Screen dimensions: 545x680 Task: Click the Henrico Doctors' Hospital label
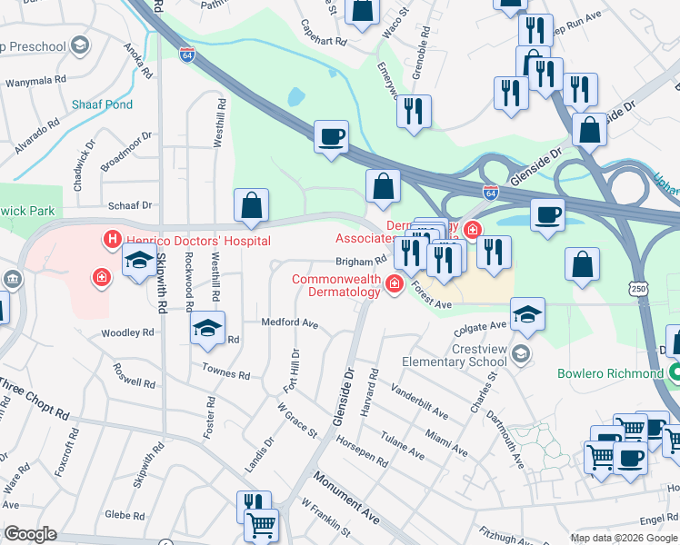(x=197, y=241)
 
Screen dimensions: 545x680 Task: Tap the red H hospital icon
(x=112, y=241)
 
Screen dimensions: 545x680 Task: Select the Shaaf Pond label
(x=103, y=105)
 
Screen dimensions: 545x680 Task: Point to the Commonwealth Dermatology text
(x=336, y=285)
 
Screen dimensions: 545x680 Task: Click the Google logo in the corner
(x=30, y=534)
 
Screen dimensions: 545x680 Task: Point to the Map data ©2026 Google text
(x=623, y=538)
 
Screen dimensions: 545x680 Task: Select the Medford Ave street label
(x=289, y=322)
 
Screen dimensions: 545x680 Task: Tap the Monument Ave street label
(x=345, y=494)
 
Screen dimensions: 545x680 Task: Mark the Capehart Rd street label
(x=324, y=42)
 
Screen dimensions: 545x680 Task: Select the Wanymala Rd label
(x=37, y=82)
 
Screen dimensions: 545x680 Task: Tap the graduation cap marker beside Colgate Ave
(x=527, y=313)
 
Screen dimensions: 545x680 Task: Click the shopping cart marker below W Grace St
(x=261, y=524)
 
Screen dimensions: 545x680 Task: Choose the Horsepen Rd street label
(x=362, y=438)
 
